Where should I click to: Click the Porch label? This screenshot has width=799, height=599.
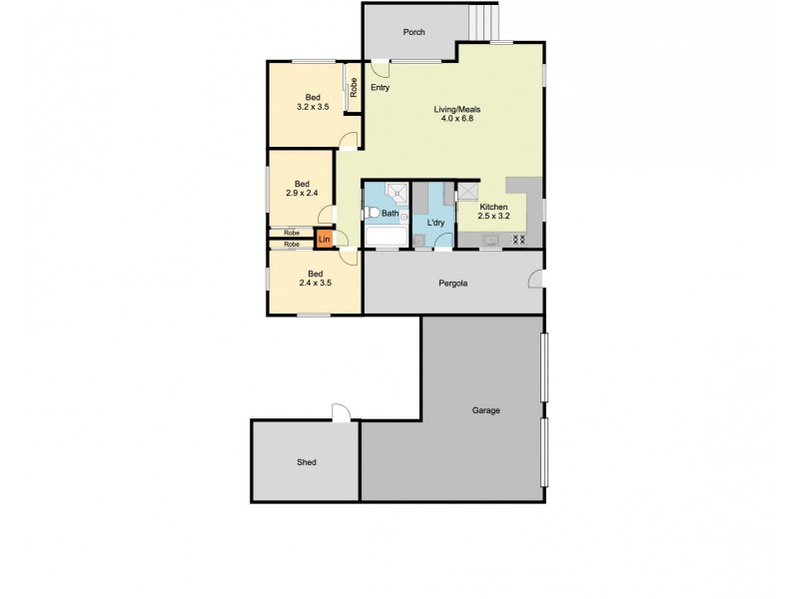(413, 32)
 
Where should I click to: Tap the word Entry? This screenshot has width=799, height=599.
(380, 89)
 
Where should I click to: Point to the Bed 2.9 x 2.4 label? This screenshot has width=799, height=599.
(302, 190)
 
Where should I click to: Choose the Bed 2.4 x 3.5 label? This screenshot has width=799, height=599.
(315, 279)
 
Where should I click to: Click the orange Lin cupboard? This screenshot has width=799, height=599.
(324, 240)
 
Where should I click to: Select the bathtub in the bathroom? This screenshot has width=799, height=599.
(385, 238)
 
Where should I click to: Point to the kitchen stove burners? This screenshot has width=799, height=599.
(518, 240)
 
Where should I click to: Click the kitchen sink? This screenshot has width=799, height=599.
(489, 240)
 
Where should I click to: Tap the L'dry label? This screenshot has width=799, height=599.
(435, 222)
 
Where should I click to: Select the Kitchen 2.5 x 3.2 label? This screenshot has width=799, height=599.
(492, 211)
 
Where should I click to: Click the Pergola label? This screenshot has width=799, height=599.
(453, 284)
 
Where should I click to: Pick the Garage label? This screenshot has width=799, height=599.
(485, 410)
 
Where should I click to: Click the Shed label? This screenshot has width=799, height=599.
(306, 463)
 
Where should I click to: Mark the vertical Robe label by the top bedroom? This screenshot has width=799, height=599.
(353, 87)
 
